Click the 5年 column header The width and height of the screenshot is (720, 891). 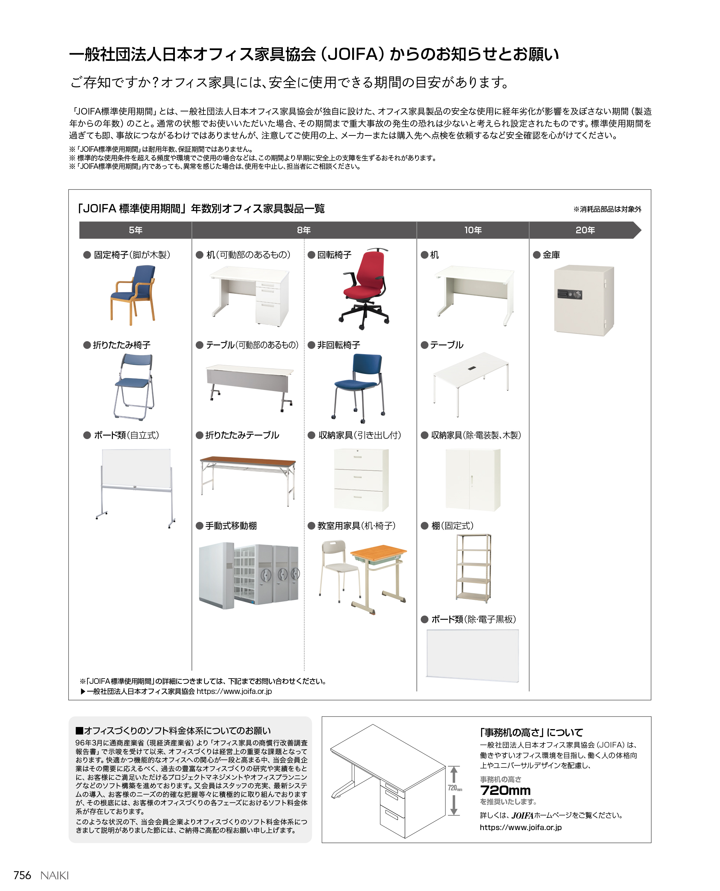pyautogui.click(x=135, y=230)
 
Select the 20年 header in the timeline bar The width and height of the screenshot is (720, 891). pyautogui.click(x=585, y=230)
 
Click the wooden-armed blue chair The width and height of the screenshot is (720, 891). pyautogui.click(x=133, y=294)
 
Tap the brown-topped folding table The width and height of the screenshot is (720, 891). pyautogui.click(x=248, y=477)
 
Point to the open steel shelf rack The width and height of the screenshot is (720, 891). pyautogui.click(x=474, y=568)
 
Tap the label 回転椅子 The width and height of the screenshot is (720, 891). pyautogui.click(x=334, y=255)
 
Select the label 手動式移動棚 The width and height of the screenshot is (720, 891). pyautogui.click(x=231, y=526)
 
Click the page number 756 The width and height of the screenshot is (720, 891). pyautogui.click(x=22, y=875)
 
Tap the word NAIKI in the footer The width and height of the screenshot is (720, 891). pyautogui.click(x=54, y=875)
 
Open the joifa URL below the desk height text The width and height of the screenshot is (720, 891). pyautogui.click(x=520, y=827)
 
